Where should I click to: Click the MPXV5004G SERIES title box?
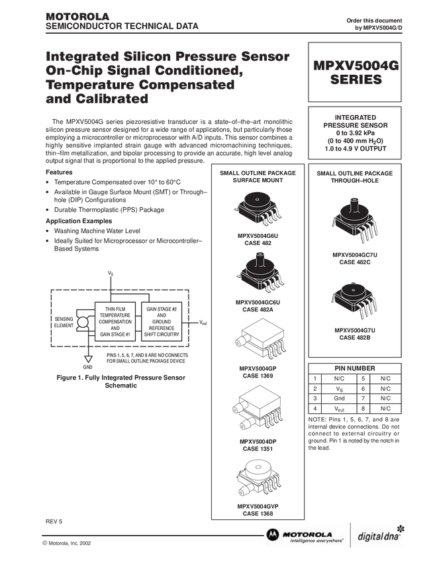coord(355,72)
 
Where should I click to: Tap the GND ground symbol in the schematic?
coord(88,359)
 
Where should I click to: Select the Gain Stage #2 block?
coord(162,321)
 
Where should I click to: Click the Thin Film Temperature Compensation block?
coord(115,321)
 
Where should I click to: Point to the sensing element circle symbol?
coord(83,322)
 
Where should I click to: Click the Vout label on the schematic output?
coord(203,323)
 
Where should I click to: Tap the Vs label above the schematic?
coord(111,274)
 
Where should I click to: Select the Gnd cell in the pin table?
coord(339,398)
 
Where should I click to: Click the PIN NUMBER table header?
coord(355,368)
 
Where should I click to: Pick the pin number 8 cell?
coord(363,408)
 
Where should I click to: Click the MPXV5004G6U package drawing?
coord(258,209)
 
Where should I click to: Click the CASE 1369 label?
coord(258,376)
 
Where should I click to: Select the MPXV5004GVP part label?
coord(258,506)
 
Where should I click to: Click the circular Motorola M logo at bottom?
coord(272,535)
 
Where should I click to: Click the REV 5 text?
coord(54,521)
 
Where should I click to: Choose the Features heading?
coord(59,172)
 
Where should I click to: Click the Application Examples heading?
coord(79,221)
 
